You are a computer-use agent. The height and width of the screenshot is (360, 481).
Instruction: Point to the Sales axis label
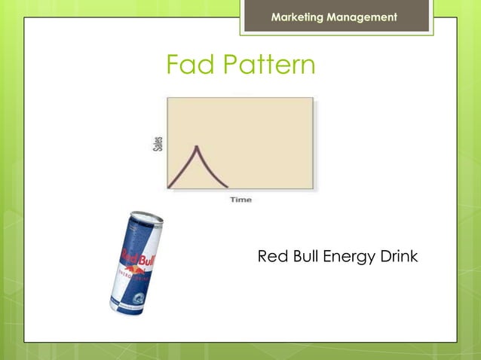[158, 143]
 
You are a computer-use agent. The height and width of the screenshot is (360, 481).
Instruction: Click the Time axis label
[240, 200]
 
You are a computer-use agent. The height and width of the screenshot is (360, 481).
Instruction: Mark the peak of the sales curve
[197, 146]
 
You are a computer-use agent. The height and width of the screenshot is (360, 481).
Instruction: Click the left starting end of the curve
[169, 186]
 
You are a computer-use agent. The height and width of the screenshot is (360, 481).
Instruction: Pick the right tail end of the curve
[227, 186]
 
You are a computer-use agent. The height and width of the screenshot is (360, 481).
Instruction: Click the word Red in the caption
[271, 257]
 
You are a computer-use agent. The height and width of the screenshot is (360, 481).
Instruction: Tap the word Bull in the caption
[303, 257]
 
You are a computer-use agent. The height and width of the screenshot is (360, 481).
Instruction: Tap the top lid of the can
[146, 218]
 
